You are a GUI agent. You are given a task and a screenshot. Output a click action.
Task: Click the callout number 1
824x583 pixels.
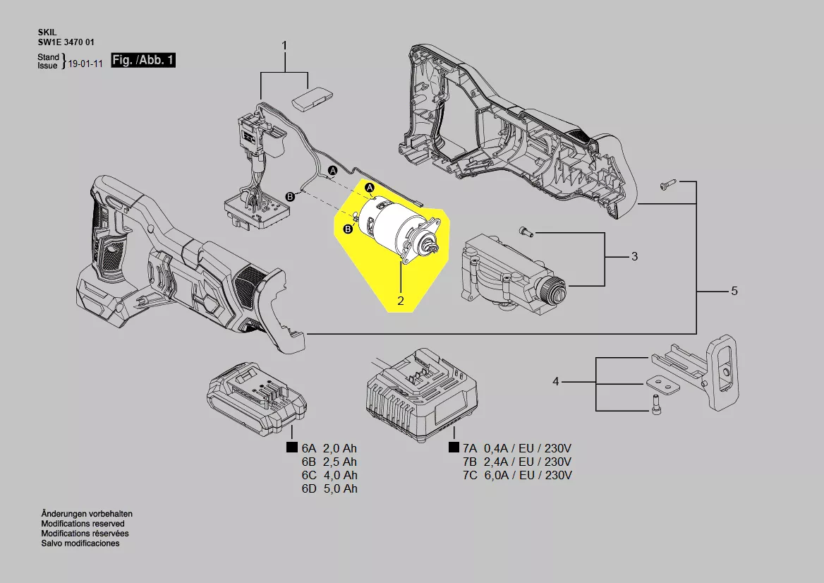[285, 46]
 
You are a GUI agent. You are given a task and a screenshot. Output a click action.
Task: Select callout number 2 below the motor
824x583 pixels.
[401, 301]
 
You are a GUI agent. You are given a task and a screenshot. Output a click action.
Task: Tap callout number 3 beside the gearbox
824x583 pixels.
[635, 256]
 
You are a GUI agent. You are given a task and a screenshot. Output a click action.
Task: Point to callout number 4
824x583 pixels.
[556, 382]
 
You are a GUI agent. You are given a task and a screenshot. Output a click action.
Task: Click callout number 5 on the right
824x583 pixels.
[734, 291]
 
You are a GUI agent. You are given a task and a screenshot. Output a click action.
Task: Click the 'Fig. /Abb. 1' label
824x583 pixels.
[143, 60]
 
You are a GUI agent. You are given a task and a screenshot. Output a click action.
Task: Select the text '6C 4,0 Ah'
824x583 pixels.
[329, 475]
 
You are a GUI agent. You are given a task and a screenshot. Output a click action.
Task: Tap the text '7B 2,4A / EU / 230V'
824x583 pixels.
[517, 462]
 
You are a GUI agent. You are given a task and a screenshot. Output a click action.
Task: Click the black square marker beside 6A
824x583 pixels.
[291, 448]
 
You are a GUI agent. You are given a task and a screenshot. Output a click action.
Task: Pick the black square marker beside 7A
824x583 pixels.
[454, 448]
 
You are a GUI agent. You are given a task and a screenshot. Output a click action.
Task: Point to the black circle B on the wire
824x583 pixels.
[289, 197]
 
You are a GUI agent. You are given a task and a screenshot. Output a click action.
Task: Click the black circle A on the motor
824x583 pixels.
[370, 188]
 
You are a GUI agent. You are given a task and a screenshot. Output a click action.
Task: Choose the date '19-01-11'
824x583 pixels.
[85, 64]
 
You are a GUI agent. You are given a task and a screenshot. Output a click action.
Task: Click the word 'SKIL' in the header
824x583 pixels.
[47, 32]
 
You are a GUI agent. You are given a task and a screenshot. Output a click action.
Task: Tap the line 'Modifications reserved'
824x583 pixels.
[83, 524]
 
